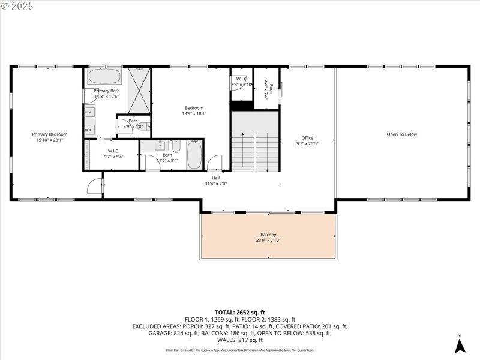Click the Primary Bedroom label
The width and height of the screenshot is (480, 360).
tap(49, 134)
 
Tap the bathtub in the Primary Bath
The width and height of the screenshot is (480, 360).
tap(105, 77)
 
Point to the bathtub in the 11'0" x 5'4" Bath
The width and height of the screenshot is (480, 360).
tap(194, 155)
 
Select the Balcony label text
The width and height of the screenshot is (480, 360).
tap(268, 235)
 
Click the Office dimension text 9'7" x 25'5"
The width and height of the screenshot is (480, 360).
tap(307, 144)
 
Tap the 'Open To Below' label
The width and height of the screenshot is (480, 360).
tap(401, 134)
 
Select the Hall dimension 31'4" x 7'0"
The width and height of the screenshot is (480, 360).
tap(215, 184)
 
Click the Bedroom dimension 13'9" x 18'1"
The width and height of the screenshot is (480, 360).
tap(194, 113)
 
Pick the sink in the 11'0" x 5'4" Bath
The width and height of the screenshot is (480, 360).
tap(161, 146)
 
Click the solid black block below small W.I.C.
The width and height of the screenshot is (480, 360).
tap(242, 106)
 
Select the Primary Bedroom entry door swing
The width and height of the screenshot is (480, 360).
tap(95, 186)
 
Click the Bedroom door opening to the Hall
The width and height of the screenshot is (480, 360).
tap(215, 163)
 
